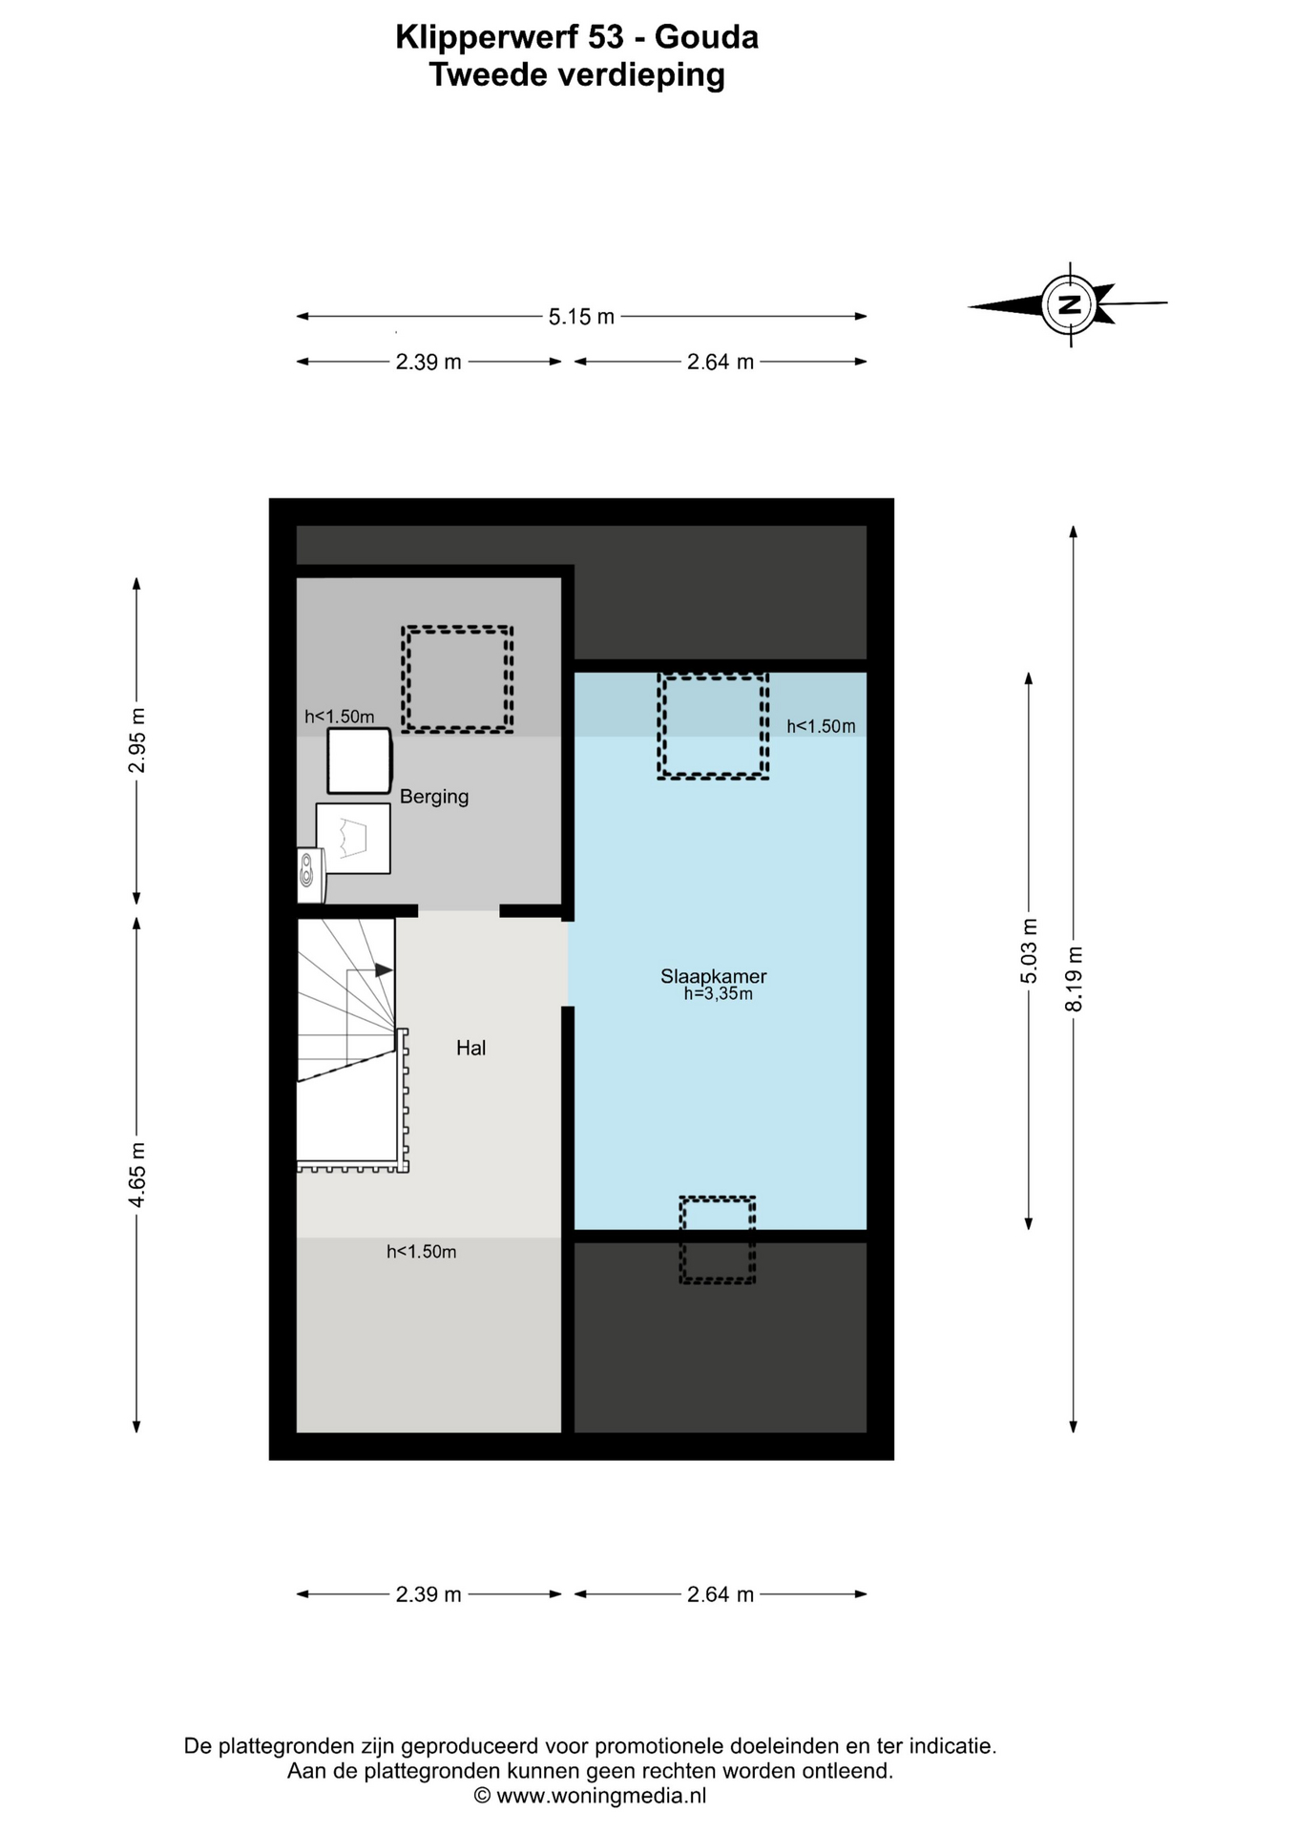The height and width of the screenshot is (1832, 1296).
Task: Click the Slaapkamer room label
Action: tap(713, 976)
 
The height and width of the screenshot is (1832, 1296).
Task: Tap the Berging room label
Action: tap(434, 797)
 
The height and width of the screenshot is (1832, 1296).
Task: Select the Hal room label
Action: tap(470, 1048)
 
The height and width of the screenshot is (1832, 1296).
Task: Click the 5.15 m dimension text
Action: tap(581, 317)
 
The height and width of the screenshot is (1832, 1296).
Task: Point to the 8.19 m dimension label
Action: tap(1075, 978)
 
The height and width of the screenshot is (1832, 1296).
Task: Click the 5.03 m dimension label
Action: tap(1029, 950)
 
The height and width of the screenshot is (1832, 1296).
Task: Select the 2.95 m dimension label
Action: tap(137, 740)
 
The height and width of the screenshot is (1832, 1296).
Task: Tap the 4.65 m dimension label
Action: tap(137, 1175)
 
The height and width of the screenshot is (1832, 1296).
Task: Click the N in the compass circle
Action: tap(1070, 305)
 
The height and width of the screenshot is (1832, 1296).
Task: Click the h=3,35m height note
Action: tap(718, 994)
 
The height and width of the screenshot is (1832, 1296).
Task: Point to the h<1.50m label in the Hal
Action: tap(421, 1252)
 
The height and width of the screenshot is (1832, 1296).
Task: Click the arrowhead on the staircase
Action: tap(384, 970)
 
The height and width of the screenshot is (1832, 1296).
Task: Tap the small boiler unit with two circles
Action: tap(310, 875)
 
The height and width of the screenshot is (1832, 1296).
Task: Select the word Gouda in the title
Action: tap(706, 37)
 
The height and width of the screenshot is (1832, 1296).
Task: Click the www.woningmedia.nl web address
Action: tap(601, 1796)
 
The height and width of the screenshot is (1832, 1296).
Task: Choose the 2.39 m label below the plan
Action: tap(429, 1594)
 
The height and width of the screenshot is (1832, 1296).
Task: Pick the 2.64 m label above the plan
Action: tap(721, 363)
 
